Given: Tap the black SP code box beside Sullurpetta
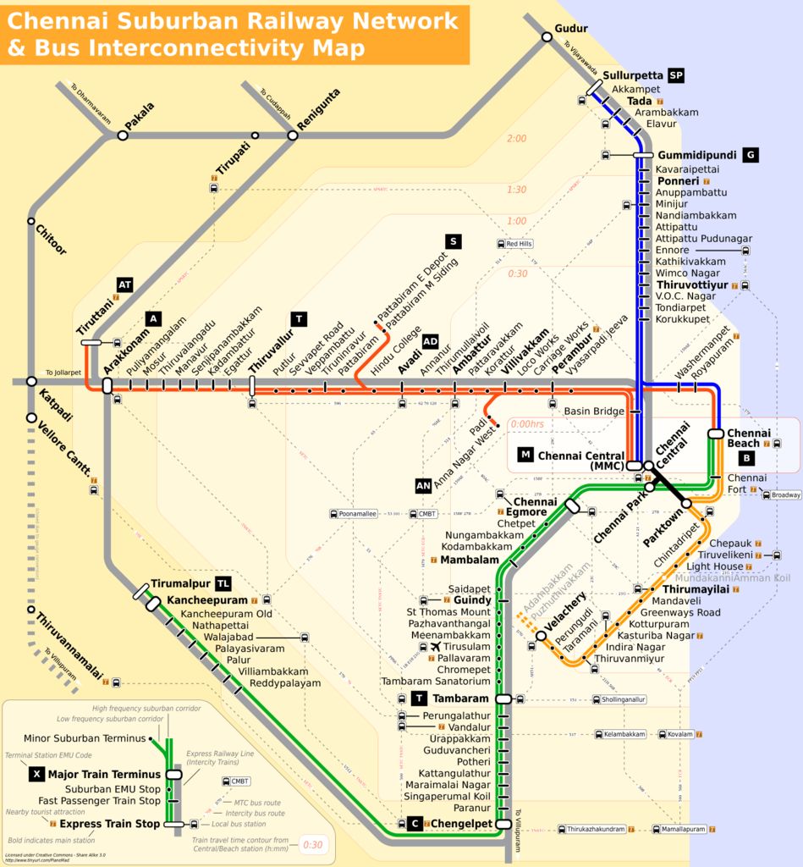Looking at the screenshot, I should tap(675, 76).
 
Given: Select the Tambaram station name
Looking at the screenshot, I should tap(461, 699).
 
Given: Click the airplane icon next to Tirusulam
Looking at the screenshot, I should tap(436, 647).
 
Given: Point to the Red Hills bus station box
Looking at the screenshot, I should tap(515, 244).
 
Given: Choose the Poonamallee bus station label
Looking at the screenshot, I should tap(353, 513).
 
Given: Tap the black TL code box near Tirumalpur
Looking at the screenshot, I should tap(223, 584).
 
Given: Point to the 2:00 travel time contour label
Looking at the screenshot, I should tap(515, 139).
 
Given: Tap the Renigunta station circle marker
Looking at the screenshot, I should tap(293, 135).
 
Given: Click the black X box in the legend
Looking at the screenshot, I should tap(36, 774).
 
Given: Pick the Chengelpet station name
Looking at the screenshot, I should tap(462, 823).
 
